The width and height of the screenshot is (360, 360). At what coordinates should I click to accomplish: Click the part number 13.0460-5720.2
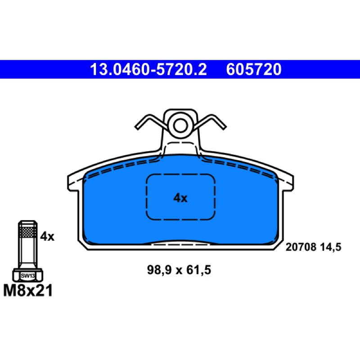click(x=148, y=69)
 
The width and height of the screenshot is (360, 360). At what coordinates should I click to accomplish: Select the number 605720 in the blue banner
click(x=254, y=69)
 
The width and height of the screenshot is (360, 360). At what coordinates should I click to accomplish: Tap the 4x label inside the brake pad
click(x=180, y=198)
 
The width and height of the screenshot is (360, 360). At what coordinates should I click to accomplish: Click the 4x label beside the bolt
click(x=47, y=236)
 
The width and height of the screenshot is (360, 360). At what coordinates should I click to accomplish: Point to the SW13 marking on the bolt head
click(x=27, y=275)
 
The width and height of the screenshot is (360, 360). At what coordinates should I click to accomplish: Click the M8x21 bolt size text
click(x=28, y=290)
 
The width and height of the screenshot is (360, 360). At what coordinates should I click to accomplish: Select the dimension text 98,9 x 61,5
click(x=179, y=270)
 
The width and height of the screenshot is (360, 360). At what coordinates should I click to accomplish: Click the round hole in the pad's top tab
click(x=180, y=126)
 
